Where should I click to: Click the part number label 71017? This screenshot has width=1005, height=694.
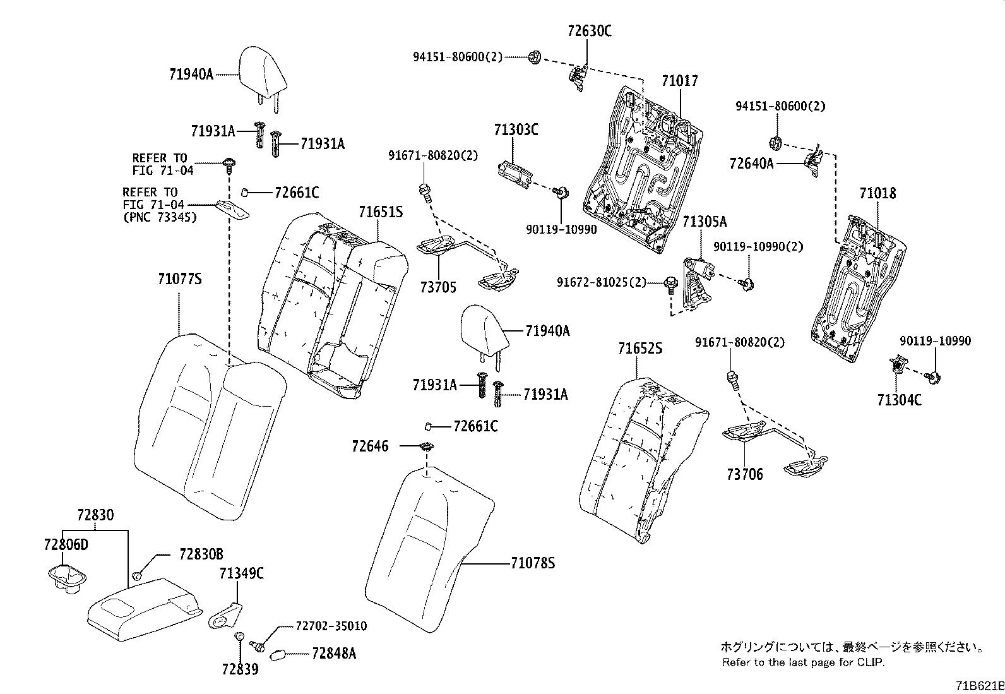[679, 81]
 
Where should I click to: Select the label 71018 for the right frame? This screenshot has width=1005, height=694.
[877, 193]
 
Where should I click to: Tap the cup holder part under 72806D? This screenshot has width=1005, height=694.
[66, 580]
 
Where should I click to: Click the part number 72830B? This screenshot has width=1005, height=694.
[201, 554]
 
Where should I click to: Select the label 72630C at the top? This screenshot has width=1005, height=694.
[589, 31]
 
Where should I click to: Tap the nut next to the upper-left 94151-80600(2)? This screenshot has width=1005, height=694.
[533, 57]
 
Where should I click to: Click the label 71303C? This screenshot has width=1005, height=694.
[516, 129]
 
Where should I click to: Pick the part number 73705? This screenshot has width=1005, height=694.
[437, 287]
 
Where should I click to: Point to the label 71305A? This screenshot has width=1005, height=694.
[704, 222]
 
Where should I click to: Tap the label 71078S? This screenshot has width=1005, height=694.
[532, 563]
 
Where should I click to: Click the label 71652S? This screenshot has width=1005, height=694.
[639, 348]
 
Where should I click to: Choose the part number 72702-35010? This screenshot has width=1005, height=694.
[331, 626]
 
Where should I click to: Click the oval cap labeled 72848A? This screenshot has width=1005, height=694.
[278, 654]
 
